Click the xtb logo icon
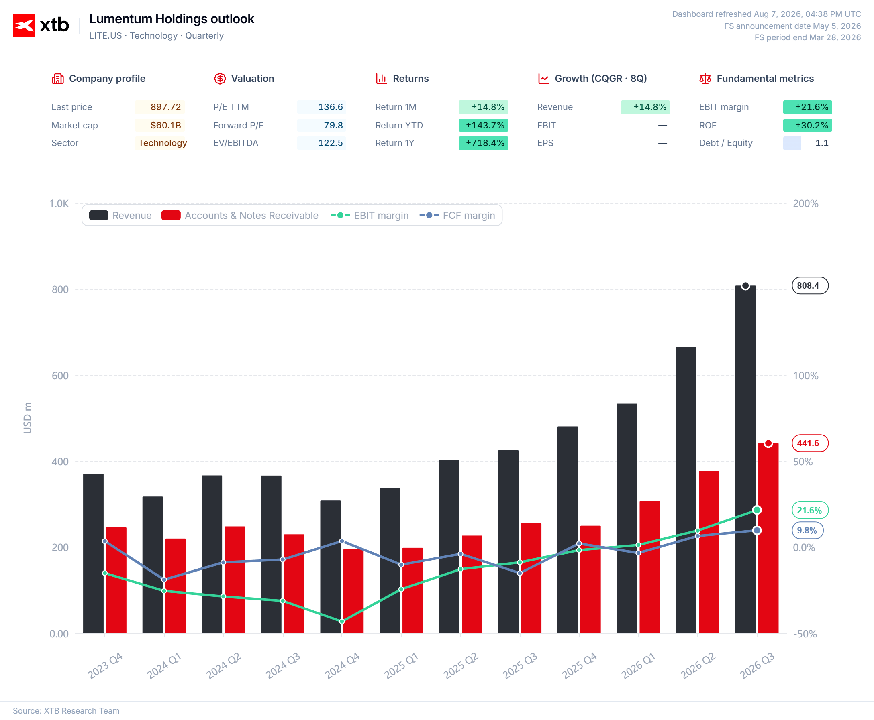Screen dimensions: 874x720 24,26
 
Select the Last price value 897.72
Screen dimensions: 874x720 165,107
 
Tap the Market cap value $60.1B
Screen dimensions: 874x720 165,125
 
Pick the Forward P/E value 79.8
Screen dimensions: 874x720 333,125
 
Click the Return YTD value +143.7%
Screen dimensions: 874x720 485,125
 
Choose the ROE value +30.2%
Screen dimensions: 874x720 811,125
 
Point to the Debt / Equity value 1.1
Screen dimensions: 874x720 822,143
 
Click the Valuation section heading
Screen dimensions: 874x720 252,78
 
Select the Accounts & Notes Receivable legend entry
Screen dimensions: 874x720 240,215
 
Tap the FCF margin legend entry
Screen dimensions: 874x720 457,215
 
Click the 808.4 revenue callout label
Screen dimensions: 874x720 810,285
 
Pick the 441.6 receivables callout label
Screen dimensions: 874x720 810,443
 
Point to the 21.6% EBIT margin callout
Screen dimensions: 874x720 810,510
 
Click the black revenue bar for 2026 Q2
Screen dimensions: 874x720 686,490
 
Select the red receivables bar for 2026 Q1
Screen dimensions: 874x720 649,567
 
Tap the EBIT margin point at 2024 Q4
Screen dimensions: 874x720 342,621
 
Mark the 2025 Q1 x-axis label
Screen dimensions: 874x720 401,666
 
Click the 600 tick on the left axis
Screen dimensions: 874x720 60,376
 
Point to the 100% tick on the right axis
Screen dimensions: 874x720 806,376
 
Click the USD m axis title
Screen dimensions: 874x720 27,418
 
